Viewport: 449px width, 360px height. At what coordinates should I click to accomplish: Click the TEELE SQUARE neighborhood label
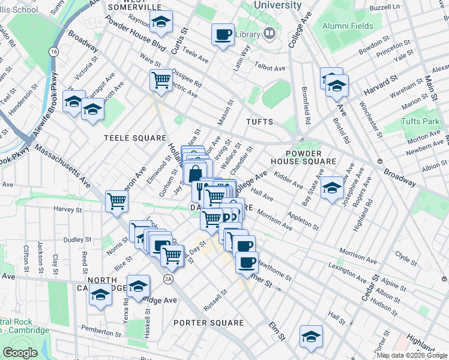(130, 137)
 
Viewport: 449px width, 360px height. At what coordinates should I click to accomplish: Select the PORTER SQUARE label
(209, 323)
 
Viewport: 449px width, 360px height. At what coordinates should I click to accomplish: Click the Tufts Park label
(420, 122)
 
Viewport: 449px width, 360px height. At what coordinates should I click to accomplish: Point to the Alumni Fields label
(348, 26)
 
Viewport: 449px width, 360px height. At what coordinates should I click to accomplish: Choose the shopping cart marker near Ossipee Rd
(161, 80)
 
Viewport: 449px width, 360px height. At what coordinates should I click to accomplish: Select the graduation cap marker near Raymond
(160, 22)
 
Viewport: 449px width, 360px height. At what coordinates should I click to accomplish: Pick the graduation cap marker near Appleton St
(332, 188)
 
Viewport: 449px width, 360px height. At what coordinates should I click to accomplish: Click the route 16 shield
(54, 52)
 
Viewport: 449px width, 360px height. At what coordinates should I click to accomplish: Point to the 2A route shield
(169, 279)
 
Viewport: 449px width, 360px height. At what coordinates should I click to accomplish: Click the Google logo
(19, 353)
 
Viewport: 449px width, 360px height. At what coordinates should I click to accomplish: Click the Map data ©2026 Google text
(411, 355)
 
